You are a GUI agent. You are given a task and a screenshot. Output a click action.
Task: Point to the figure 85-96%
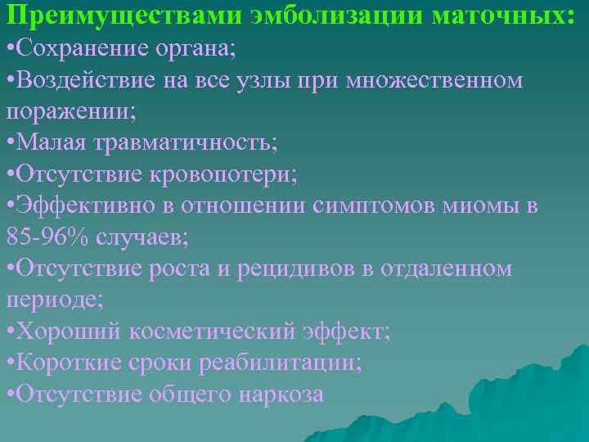[x=48, y=237]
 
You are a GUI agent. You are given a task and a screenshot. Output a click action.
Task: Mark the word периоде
[x=54, y=300]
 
